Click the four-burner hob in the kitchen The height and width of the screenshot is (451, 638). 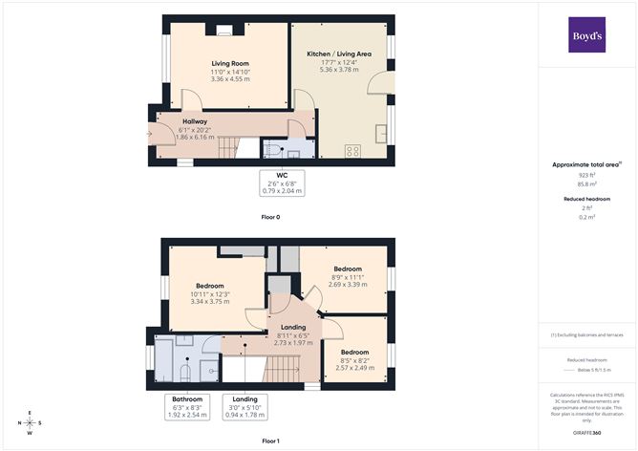[x=351, y=150]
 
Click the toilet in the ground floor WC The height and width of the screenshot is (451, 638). [x=274, y=150]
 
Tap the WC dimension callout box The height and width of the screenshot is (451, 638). [x=282, y=183]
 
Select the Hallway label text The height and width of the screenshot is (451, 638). [x=195, y=122]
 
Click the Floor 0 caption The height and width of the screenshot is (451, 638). [x=271, y=217]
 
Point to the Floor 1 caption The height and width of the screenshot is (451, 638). [x=271, y=440]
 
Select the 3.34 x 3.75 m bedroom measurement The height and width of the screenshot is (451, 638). [x=209, y=302]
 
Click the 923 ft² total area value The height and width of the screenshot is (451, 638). [x=585, y=176]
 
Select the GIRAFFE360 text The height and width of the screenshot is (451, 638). [x=585, y=432]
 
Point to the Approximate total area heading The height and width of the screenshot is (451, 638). [x=585, y=164]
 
